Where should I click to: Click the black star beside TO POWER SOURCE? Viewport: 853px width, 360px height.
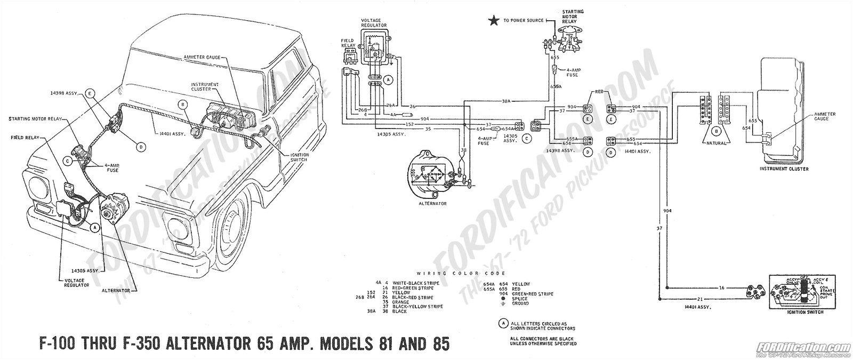tap(494, 21)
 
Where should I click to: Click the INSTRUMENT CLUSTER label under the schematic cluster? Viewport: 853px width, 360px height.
tap(784, 169)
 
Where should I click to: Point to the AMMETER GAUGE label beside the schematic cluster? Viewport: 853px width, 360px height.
tap(824, 117)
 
